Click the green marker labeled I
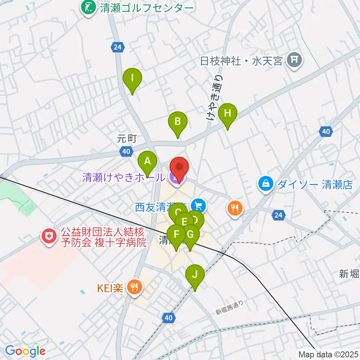click(x=132, y=79)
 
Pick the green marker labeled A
click(x=148, y=162)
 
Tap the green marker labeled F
click(x=176, y=235)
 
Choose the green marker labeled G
click(x=190, y=235)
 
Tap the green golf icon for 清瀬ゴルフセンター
click(x=89, y=9)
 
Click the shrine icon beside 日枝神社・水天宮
click(x=294, y=60)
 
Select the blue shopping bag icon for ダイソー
click(x=266, y=184)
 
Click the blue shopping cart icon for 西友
click(x=198, y=205)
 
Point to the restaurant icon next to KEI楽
click(x=134, y=287)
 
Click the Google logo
click(x=25, y=351)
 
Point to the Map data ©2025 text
click(x=328, y=354)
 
